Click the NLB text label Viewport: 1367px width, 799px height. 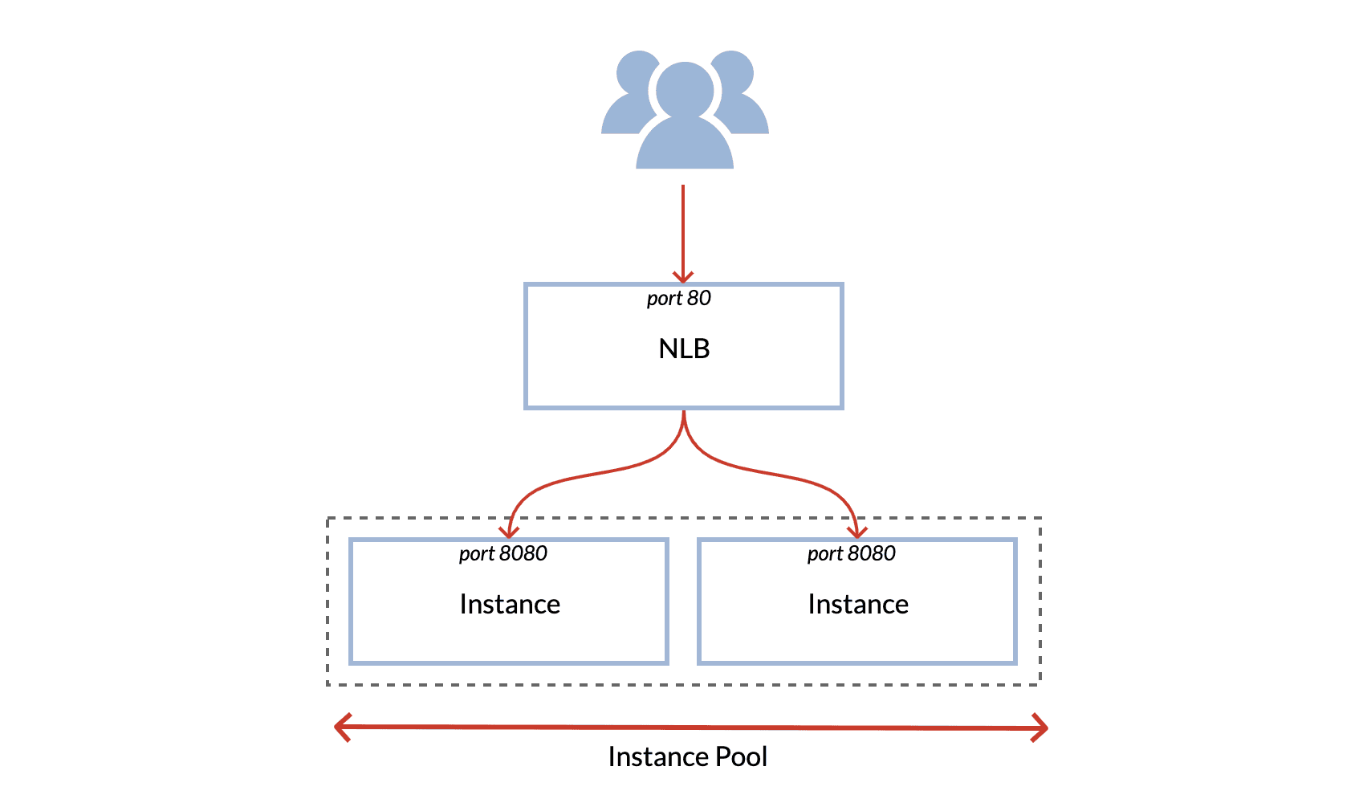tap(684, 349)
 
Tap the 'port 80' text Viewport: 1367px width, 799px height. tap(678, 298)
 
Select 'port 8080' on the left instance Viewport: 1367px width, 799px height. tap(502, 553)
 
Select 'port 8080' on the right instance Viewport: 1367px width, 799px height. tap(851, 553)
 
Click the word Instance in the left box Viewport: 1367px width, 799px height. tap(510, 604)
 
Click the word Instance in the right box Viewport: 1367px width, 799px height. tap(858, 604)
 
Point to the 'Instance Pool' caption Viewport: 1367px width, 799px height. tap(687, 756)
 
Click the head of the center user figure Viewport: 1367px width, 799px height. tap(685, 89)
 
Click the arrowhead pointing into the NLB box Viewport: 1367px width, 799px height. tap(683, 278)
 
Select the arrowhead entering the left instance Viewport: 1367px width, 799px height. tap(509, 533)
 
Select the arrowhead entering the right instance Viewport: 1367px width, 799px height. tap(858, 533)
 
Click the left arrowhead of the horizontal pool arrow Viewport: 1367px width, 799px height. tap(340, 727)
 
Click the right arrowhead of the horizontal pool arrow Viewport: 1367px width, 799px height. tap(1042, 728)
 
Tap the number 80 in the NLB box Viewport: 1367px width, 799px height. tap(699, 298)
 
